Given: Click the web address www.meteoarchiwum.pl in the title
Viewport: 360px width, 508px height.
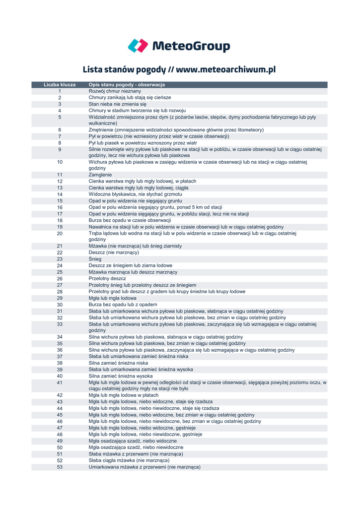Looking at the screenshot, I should (225, 69).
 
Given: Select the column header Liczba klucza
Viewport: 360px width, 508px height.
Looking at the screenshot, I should (60, 85).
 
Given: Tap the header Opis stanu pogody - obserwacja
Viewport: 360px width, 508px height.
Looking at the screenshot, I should (127, 85).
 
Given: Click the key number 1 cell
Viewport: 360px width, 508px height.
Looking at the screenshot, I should (60, 91).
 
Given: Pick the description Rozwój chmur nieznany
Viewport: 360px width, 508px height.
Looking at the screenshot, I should (115, 91).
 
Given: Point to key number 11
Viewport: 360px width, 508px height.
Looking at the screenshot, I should (60, 175).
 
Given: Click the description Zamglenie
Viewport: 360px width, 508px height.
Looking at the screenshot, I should (100, 175).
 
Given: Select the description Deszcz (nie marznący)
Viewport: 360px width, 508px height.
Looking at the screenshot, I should (114, 253).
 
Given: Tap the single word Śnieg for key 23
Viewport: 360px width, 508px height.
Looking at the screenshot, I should (95, 259).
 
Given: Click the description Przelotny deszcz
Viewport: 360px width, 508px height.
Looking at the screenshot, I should (107, 279).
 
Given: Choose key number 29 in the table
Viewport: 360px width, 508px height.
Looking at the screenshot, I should (60, 298).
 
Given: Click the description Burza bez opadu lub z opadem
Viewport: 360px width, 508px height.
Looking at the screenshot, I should (119, 305).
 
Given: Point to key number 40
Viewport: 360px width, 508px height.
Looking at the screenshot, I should (60, 376).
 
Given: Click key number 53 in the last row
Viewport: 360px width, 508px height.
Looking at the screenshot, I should (60, 467).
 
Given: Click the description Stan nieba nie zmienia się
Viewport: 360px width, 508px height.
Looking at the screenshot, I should (118, 104).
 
